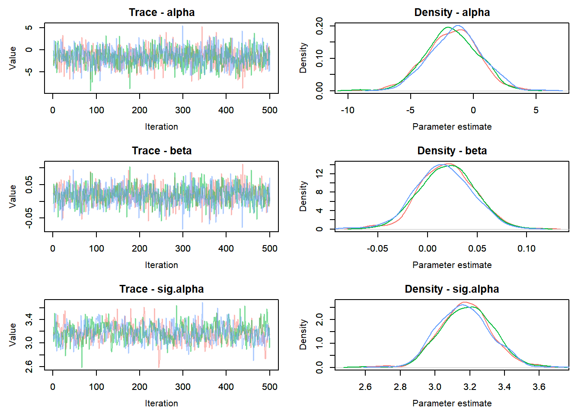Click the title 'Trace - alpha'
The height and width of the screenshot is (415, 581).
[162, 13]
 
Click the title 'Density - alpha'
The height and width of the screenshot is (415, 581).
[452, 13]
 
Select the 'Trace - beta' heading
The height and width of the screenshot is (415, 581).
[162, 151]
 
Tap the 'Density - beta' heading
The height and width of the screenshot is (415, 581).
[452, 151]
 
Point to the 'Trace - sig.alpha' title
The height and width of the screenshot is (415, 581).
[162, 289]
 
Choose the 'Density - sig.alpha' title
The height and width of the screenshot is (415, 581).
[452, 289]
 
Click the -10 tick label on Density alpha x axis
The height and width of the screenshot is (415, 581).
[347, 110]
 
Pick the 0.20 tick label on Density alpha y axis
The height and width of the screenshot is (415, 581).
[319, 26]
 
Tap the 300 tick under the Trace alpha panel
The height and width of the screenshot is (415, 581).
[183, 110]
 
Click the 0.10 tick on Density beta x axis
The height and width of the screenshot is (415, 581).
[527, 249]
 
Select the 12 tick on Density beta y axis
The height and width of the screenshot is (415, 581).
[319, 174]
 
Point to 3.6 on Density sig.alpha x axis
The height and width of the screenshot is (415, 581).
[539, 387]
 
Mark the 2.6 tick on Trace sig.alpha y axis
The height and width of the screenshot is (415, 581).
[29, 367]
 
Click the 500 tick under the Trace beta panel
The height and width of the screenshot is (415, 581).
[270, 249]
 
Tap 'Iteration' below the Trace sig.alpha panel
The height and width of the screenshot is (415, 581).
[161, 403]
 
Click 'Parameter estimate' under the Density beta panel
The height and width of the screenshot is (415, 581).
[452, 265]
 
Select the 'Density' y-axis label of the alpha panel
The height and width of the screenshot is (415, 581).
[303, 58]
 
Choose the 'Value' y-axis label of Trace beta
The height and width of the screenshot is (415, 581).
[13, 196]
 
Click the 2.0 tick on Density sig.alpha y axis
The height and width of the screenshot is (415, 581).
[319, 320]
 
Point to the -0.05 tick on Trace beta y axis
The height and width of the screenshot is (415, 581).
[29, 218]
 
